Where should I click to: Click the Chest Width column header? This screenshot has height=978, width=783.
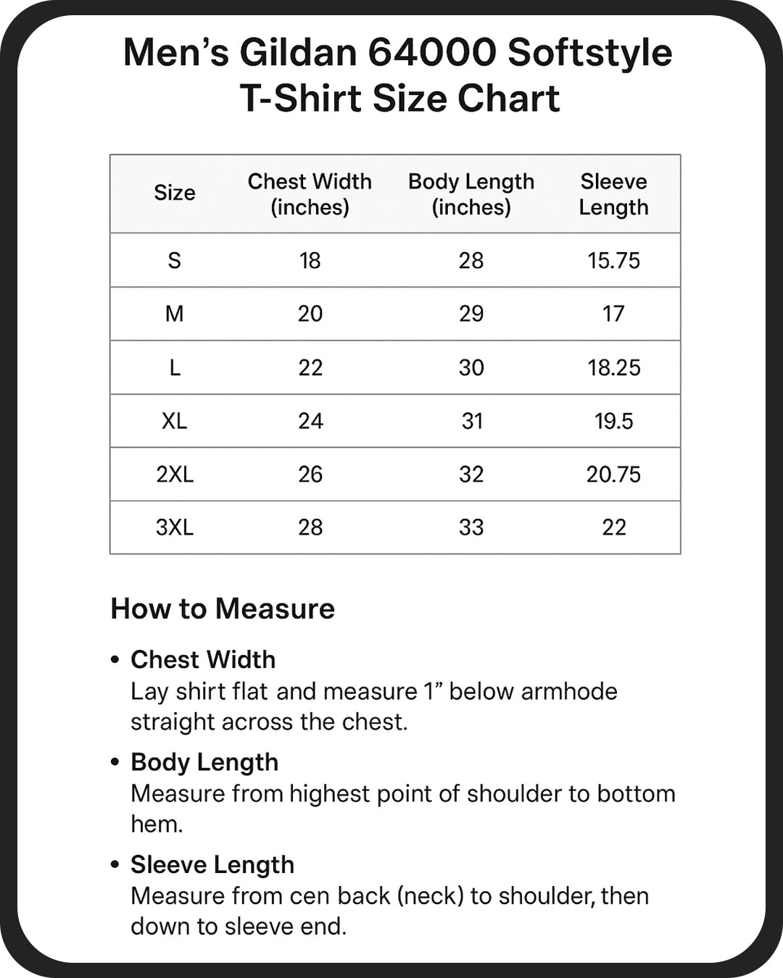click(x=310, y=194)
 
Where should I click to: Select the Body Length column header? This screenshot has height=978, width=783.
click(x=471, y=194)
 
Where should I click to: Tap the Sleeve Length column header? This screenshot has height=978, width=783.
click(x=613, y=194)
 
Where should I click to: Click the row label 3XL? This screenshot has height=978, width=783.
click(x=175, y=527)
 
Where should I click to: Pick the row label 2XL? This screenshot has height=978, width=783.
click(x=175, y=475)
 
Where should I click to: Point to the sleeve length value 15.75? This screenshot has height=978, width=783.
click(x=613, y=261)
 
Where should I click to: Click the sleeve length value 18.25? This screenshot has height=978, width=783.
click(x=613, y=367)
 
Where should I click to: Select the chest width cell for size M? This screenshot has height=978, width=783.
click(x=310, y=314)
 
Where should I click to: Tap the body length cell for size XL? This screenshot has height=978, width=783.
click(x=472, y=421)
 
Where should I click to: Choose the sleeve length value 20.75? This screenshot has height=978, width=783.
click(x=613, y=475)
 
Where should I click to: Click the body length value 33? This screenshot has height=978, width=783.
click(x=471, y=527)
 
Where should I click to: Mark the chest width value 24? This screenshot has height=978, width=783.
click(x=310, y=421)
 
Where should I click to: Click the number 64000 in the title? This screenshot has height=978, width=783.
click(x=431, y=53)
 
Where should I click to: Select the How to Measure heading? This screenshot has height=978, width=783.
click(x=223, y=609)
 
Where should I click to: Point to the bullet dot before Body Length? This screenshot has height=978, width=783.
click(x=115, y=762)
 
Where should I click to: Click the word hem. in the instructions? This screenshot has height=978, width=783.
click(x=157, y=824)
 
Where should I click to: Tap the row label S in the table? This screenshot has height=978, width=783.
click(x=175, y=261)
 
